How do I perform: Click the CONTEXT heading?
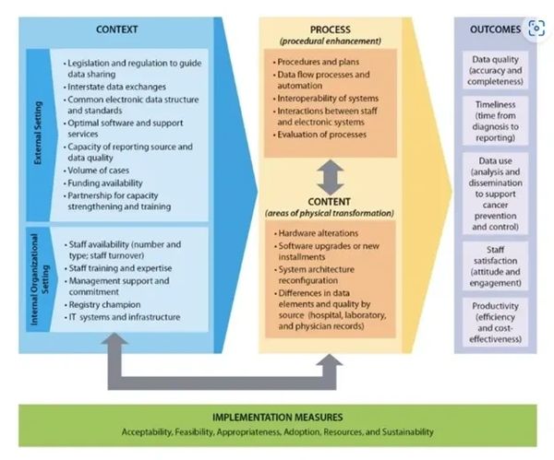(116, 29)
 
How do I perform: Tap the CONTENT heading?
(330, 202)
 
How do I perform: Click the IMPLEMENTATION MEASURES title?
(276, 416)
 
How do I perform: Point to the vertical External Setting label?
(39, 134)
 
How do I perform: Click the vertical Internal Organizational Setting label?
(40, 288)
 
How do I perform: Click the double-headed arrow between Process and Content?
(330, 175)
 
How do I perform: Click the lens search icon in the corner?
(536, 29)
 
